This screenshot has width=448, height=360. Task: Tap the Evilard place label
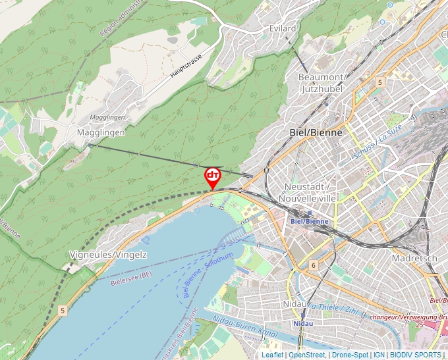click(x=283, y=29)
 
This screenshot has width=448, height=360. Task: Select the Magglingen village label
click(x=101, y=132)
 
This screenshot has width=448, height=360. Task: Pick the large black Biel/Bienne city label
click(x=316, y=132)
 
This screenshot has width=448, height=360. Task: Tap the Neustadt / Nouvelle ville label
click(x=308, y=192)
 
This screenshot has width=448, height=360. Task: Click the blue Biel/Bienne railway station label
click(x=309, y=221)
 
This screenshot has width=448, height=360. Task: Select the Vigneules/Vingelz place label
click(x=108, y=254)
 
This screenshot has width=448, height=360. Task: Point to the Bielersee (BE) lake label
click(x=131, y=278)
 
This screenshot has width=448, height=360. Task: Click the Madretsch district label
click(x=414, y=259)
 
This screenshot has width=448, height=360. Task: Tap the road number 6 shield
click(x=314, y=265)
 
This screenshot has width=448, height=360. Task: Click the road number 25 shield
click(x=419, y=325)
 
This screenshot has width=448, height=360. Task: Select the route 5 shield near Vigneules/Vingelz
click(x=63, y=309)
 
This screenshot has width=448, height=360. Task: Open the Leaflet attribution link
click(x=272, y=355)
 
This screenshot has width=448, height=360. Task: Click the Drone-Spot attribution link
click(x=350, y=355)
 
